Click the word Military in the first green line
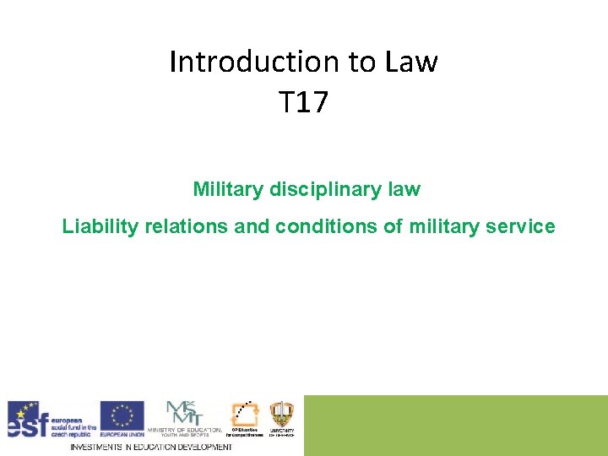[x=229, y=189]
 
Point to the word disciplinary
[x=321, y=189]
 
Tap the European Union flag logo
[x=122, y=415]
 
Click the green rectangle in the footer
[x=455, y=425]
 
